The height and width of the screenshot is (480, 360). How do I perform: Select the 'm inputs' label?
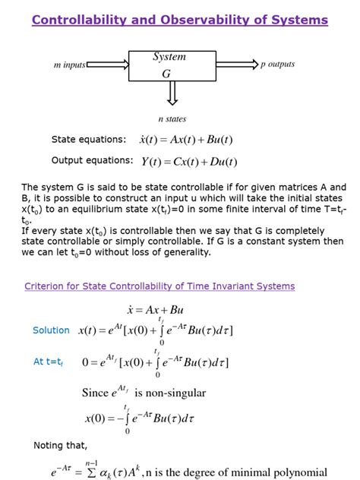click(x=69, y=65)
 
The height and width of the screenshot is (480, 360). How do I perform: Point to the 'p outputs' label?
click(x=277, y=65)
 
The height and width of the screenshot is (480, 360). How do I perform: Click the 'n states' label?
click(x=172, y=119)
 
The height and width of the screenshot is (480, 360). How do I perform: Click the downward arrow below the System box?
click(x=172, y=93)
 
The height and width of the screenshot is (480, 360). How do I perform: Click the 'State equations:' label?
click(x=89, y=140)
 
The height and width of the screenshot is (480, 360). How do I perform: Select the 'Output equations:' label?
click(x=92, y=160)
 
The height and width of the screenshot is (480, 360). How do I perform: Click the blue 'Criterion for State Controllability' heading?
click(x=159, y=286)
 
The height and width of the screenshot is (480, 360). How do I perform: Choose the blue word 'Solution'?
click(x=51, y=330)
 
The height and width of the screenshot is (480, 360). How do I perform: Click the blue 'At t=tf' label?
click(x=49, y=362)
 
